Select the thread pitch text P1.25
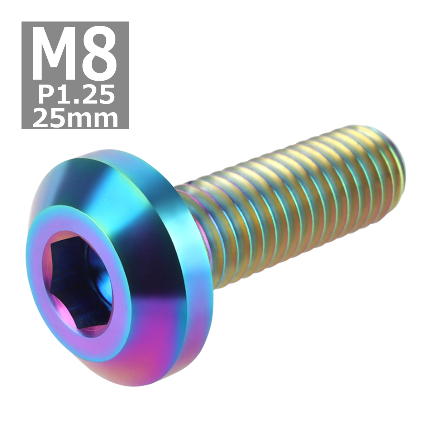(75, 96)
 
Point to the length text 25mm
(75, 119)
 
